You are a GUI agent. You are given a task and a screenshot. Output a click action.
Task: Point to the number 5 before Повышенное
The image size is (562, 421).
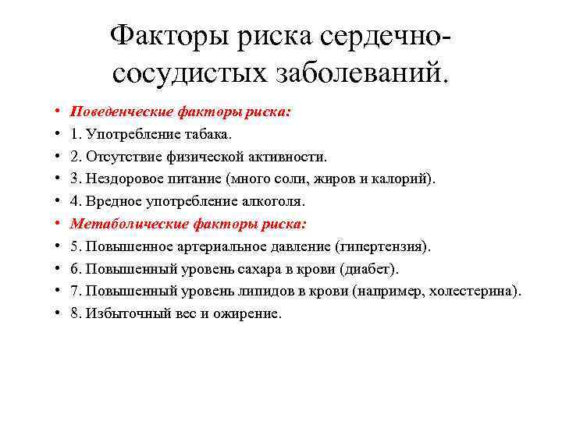pos(74,246)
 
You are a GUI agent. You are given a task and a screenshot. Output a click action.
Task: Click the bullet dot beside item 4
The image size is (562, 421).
pos(59,201)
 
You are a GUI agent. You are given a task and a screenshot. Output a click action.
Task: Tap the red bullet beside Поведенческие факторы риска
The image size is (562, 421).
pos(59,111)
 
